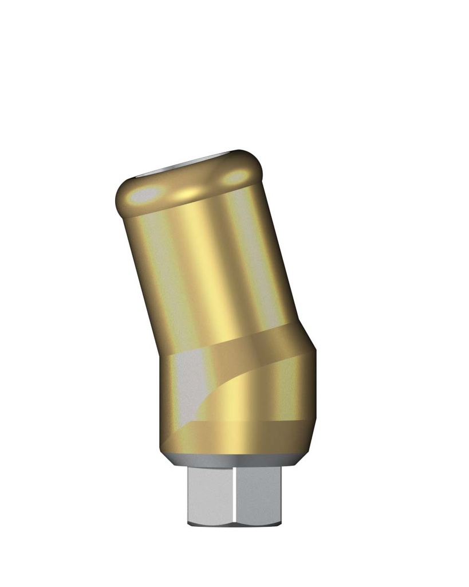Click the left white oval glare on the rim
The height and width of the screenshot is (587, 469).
pos(145,195)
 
